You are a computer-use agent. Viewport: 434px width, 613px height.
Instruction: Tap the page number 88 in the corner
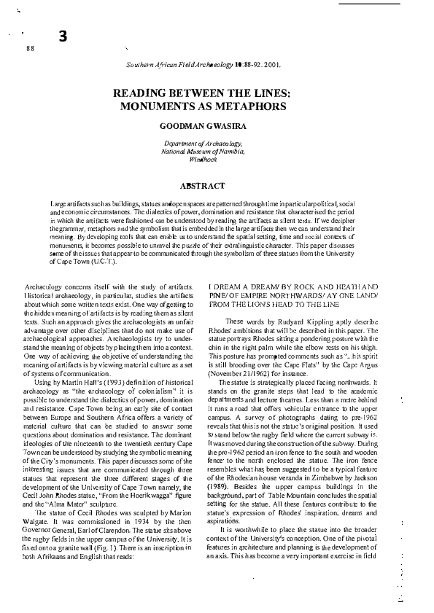[30, 48]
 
